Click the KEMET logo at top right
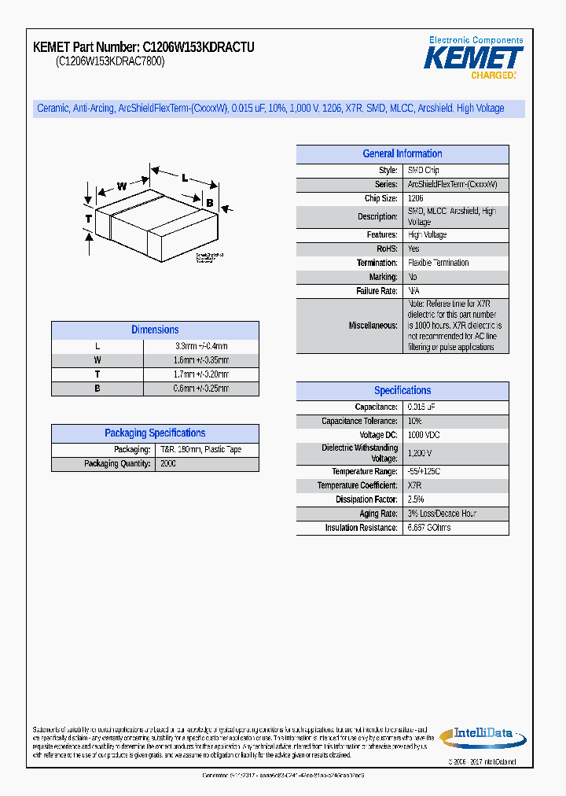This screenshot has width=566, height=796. coord(473,57)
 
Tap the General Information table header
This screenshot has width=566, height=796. coord(402,154)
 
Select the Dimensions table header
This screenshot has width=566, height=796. coord(155,330)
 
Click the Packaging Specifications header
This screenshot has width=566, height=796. coord(155,433)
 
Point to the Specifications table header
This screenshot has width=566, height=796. coord(402,391)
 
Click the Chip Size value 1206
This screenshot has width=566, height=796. coord(416,199)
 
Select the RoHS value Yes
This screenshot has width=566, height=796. coord(414,249)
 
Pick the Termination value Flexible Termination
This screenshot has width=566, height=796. coord(439,263)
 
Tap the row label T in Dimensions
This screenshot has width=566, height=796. coord(97,374)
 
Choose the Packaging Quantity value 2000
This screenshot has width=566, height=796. coord(168,464)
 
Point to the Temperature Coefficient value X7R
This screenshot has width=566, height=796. coord(415,485)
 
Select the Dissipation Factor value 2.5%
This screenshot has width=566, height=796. coord(416,499)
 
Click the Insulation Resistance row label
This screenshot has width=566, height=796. coord(361,528)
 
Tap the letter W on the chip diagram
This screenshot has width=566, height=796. coord(122,186)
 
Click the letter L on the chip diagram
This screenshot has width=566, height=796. coord(185,178)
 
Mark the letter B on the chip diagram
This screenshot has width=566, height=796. coord(210,203)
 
